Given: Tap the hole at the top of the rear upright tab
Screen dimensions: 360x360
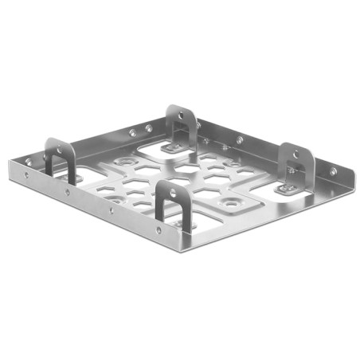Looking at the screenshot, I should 181,115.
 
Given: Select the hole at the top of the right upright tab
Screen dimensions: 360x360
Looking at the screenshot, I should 295,155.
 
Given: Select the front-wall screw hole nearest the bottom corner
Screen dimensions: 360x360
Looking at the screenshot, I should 159,230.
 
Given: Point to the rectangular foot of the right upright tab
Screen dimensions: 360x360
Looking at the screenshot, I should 288,190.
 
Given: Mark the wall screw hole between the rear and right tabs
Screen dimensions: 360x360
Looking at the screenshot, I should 239,140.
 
